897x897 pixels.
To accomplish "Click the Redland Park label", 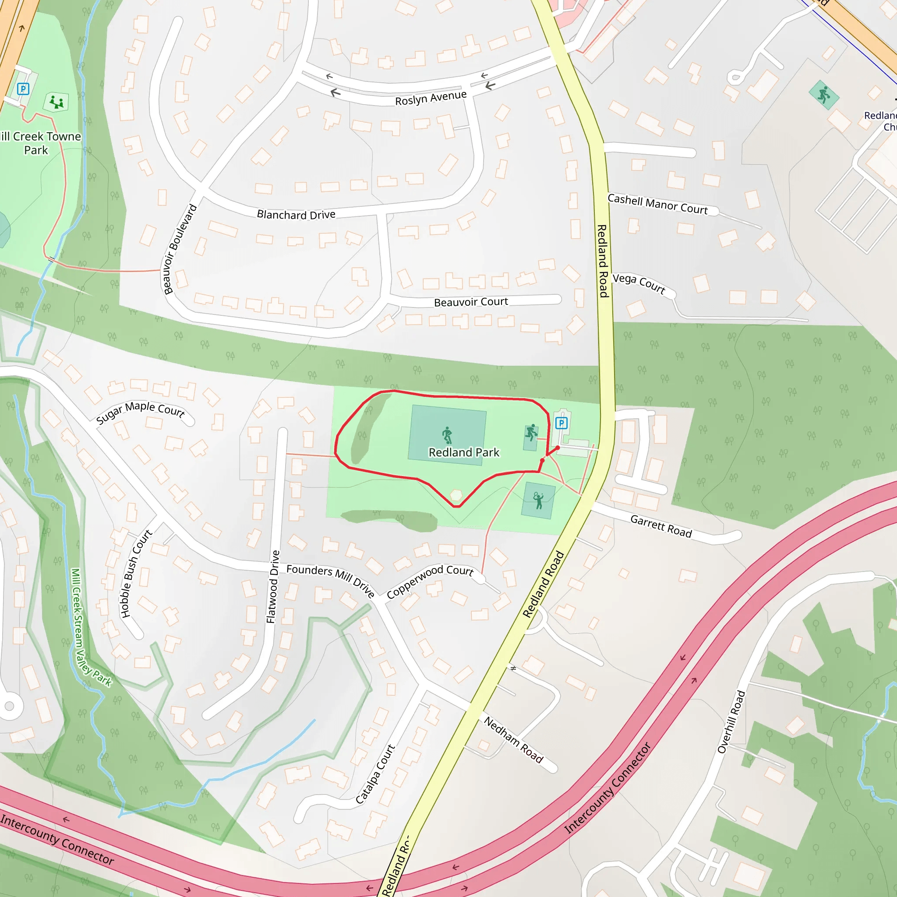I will [x=463, y=452].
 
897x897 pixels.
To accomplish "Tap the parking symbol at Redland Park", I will [x=562, y=423].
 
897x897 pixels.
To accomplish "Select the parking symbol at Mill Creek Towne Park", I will [x=23, y=88].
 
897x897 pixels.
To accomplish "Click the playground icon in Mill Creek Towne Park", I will [x=57, y=102].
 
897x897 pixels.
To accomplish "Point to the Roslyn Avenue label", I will [x=431, y=98].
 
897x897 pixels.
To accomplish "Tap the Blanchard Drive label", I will [x=296, y=215].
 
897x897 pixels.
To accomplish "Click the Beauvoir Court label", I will [x=471, y=302].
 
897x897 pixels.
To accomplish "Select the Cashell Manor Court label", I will [x=657, y=204].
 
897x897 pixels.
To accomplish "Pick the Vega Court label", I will [x=639, y=283].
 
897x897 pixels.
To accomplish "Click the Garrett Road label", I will [x=660, y=526].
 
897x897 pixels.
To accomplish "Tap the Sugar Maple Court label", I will [x=140, y=411].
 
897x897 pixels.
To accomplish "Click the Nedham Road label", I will [x=513, y=740].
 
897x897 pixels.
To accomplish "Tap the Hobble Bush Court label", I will [x=136, y=573].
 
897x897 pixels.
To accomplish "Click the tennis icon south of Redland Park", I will [x=538, y=501].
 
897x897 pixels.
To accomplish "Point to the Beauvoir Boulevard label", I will [x=180, y=249].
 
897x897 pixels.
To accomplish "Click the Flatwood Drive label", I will [x=273, y=586].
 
